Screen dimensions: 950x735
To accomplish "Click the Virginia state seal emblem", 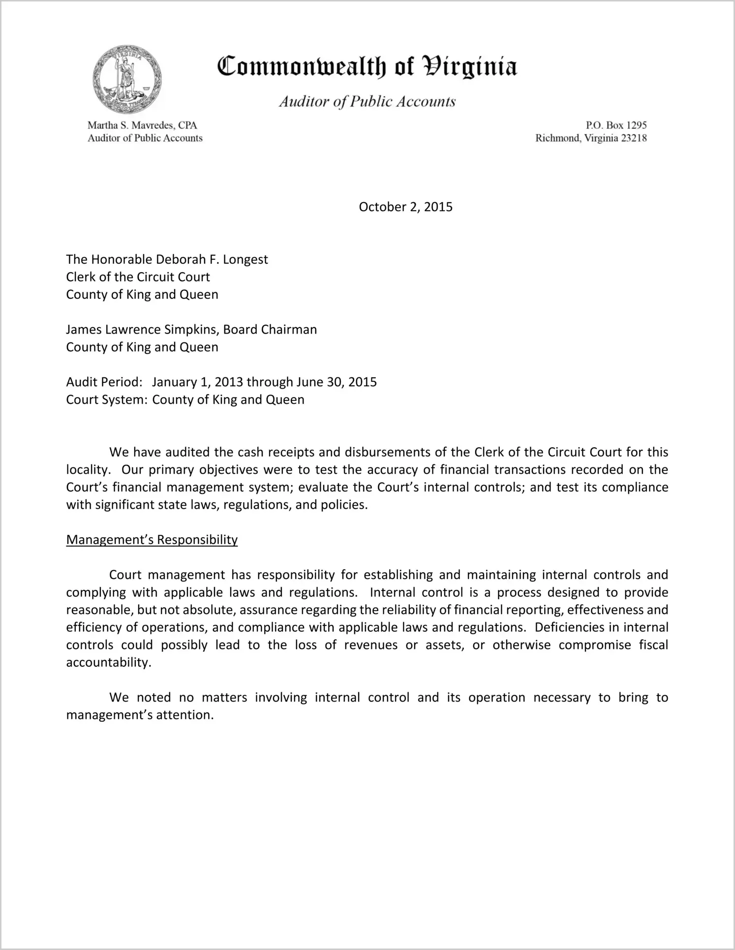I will coord(127,79).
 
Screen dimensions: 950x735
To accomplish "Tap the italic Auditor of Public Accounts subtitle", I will coord(367,102).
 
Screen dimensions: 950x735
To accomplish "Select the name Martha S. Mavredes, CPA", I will coord(142,125).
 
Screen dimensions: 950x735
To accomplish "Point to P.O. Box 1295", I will coord(616,125).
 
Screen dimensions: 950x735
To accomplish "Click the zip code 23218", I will coord(634,138).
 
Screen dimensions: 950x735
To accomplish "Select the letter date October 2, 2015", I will coord(405,207).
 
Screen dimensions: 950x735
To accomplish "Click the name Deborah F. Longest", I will coord(212,259).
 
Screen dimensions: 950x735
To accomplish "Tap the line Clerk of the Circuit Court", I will coord(138,277).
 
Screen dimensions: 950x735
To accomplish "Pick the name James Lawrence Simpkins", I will coord(143,329).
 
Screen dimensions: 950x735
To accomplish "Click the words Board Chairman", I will coord(270,329).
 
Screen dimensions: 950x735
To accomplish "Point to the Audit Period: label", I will coord(104,382).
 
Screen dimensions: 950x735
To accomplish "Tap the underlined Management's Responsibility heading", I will coord(152,540).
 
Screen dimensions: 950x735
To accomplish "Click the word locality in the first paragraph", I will coord(87,470).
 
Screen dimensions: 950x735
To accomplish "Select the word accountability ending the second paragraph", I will coord(107,662).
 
